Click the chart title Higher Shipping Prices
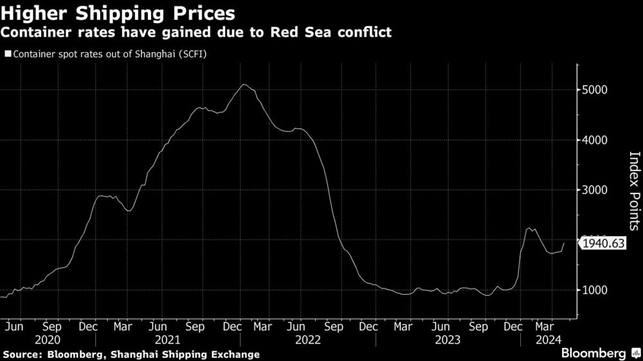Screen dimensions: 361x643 (x=117, y=12)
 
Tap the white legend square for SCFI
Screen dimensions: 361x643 (x=7, y=54)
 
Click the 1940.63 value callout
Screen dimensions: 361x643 (x=603, y=243)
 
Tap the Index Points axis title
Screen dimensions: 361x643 (x=633, y=191)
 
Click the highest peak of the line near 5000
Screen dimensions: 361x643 (x=243, y=84)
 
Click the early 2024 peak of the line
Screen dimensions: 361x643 (x=529, y=228)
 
